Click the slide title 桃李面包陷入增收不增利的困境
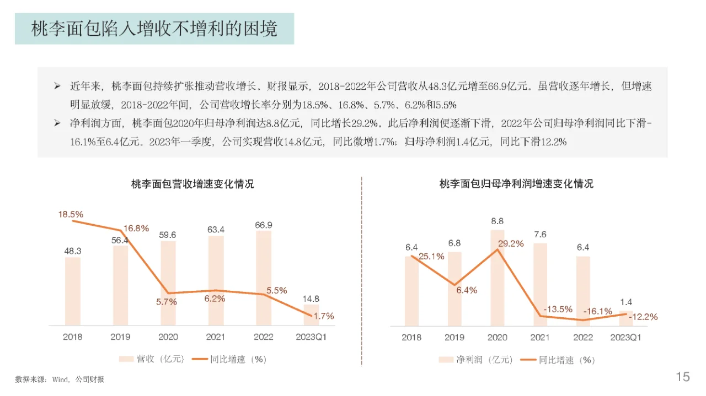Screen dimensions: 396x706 click(x=154, y=29)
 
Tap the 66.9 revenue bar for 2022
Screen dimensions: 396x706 click(x=264, y=278)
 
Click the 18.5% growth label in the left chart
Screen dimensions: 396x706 click(x=71, y=214)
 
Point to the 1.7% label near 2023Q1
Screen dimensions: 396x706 click(x=323, y=316)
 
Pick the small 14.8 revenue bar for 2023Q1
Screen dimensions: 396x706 click(x=311, y=315)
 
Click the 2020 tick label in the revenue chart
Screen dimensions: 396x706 click(x=168, y=337)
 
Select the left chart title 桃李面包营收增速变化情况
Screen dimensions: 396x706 click(x=192, y=185)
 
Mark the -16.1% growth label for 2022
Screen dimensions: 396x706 click(x=598, y=311)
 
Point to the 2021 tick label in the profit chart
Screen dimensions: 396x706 click(x=540, y=337)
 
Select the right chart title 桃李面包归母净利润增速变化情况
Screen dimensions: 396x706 click(x=516, y=185)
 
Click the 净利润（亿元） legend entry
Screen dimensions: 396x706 click(x=476, y=360)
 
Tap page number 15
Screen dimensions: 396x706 click(x=682, y=377)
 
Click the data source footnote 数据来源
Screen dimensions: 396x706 click(x=60, y=379)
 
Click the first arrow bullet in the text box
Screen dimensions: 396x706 click(x=57, y=86)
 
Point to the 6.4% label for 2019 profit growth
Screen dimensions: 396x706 click(x=466, y=290)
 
